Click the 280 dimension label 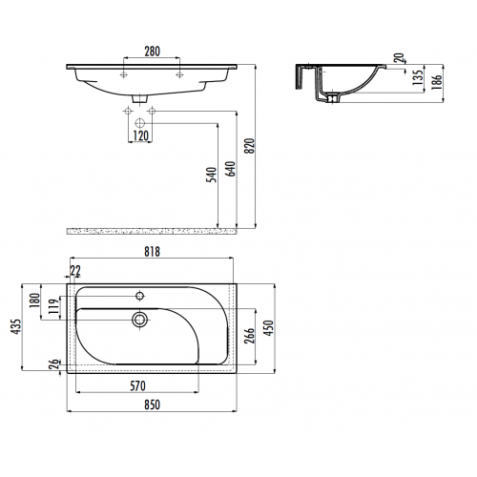point(153,52)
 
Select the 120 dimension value point(140,135)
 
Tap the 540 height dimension point(212,175)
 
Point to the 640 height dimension point(231,169)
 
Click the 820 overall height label point(250,146)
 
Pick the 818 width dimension point(152,252)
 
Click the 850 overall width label point(152,404)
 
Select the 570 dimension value point(137,385)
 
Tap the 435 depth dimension point(15,326)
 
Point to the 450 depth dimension point(268,328)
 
